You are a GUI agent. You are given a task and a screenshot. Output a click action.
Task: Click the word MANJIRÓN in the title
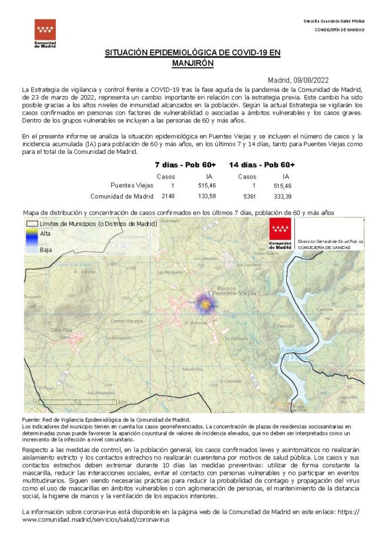tap(193, 62)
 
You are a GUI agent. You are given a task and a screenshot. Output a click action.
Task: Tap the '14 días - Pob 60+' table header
tap(262, 165)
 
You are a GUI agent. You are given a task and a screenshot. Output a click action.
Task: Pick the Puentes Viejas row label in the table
tap(132, 185)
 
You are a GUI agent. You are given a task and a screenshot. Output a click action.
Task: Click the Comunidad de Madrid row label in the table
tap(122, 196)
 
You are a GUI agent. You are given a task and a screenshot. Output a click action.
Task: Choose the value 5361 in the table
tap(250, 196)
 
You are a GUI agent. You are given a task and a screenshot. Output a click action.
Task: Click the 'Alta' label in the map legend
tap(45, 233)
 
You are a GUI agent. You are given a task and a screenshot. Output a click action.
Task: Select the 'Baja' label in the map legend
tap(45, 250)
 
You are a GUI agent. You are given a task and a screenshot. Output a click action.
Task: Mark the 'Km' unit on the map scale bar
tap(122, 402)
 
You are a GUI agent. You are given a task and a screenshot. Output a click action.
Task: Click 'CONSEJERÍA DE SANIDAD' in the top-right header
tap(339, 29)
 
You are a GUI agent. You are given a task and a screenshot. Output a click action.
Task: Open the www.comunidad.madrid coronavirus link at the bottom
tap(96, 519)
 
